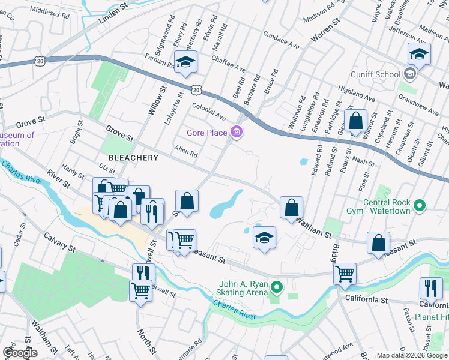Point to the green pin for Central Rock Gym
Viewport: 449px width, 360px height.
pos(420,206)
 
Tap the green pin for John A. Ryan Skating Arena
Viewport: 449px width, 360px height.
pos(276,289)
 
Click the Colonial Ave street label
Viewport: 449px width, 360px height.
pos(208,110)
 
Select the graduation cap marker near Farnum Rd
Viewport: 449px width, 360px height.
pos(186,62)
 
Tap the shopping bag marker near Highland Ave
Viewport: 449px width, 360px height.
pos(355,120)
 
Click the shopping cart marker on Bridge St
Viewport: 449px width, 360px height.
pos(345,274)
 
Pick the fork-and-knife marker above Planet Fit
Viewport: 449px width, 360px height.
pos(431,288)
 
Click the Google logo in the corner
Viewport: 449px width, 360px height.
pos(20,353)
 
